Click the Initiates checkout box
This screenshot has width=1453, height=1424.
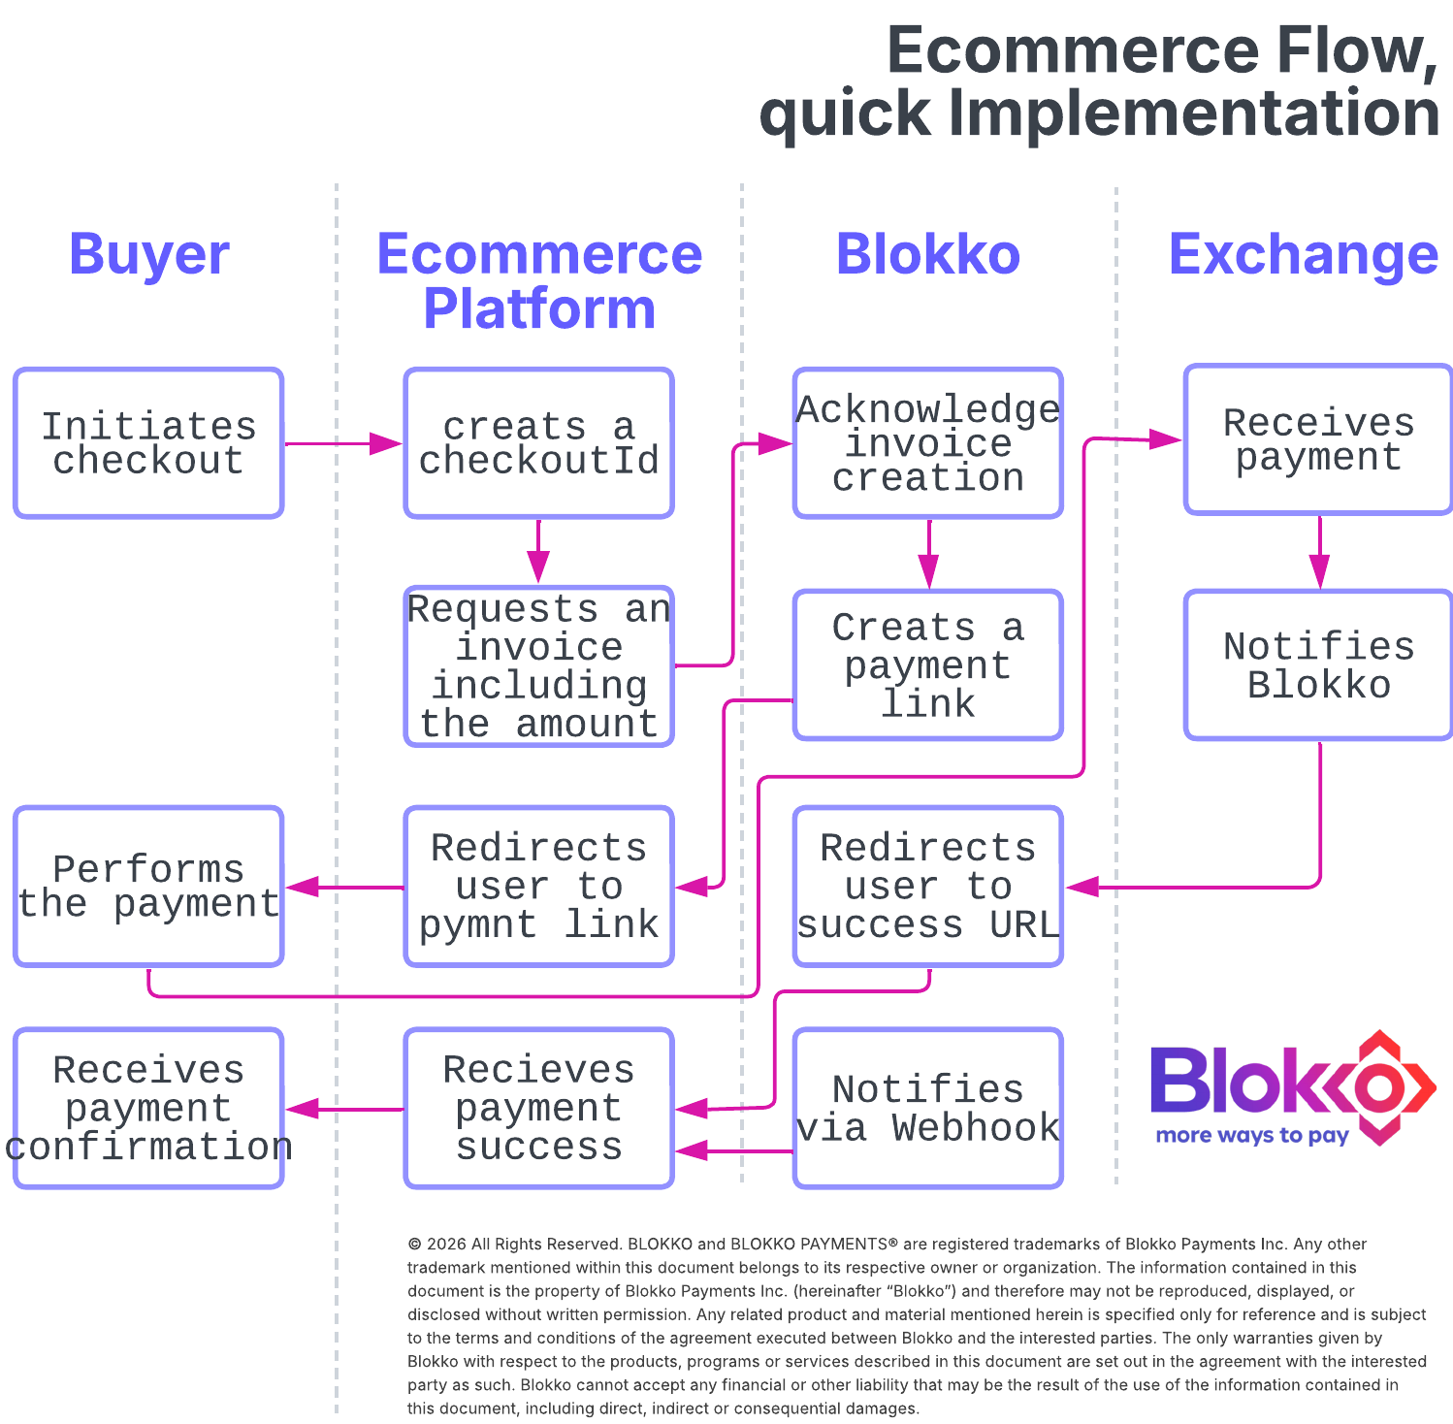coord(148,443)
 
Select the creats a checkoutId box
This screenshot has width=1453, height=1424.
coord(538,443)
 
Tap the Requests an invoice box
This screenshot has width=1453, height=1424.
coord(538,666)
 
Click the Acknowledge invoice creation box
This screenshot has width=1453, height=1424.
coord(928,443)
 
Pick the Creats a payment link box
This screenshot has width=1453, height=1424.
coord(928,665)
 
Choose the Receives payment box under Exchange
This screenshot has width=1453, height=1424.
coord(1318,439)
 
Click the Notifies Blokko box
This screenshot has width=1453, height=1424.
coord(1318,665)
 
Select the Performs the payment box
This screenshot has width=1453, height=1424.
coord(148,887)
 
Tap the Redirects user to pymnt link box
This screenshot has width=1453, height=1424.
coord(538,887)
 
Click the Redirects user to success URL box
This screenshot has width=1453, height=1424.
coord(928,887)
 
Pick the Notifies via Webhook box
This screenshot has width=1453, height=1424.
coord(928,1109)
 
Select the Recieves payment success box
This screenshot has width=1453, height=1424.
coord(538,1109)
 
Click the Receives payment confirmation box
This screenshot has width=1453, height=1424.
coord(148,1109)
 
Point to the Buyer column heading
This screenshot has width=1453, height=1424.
coord(149,256)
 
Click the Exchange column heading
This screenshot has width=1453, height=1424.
coord(1304,254)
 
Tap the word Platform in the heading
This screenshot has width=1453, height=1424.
coord(539,308)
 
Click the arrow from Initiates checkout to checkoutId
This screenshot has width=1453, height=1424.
coord(343,443)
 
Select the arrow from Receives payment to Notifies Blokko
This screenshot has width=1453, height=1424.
coord(1319,552)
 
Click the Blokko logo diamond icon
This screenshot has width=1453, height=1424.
coord(1379,1087)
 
